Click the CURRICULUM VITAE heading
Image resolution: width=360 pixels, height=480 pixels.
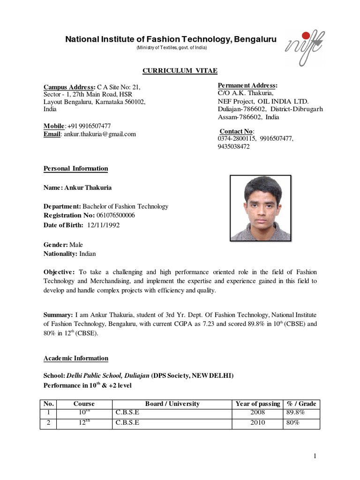tap(180, 71)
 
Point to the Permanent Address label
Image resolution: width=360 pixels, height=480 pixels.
tap(247, 85)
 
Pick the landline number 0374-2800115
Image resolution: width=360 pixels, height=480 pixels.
tap(237, 139)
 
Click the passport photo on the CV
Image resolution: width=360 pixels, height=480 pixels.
tap(260, 208)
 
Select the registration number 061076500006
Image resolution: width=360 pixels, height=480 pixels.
tap(116, 215)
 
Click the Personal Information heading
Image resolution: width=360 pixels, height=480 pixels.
tap(76, 169)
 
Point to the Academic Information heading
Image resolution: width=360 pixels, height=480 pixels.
tap(76, 358)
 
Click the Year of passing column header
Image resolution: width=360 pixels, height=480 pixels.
tap(258, 404)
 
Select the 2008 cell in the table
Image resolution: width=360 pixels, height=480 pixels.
tap(258, 412)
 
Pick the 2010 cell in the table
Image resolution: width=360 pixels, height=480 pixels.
tap(258, 422)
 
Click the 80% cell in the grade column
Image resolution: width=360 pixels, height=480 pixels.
tap(292, 422)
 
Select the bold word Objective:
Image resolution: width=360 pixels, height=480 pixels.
tap(59, 272)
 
